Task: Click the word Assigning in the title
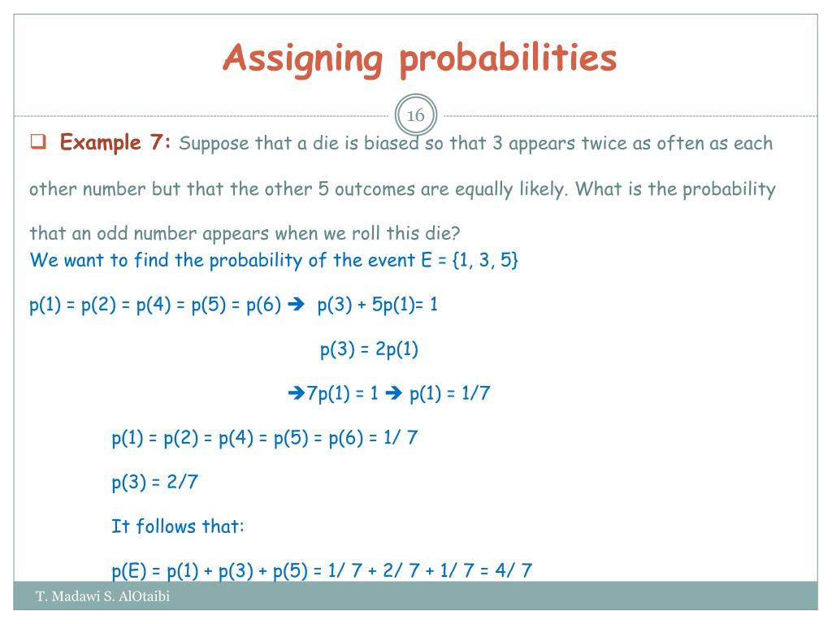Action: tap(302, 58)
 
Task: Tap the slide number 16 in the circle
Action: tap(415, 116)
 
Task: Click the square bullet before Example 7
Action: tap(37, 144)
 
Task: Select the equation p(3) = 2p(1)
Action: tap(369, 349)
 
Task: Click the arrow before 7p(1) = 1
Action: tap(297, 394)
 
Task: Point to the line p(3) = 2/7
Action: tap(155, 482)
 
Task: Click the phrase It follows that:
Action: tap(177, 526)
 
